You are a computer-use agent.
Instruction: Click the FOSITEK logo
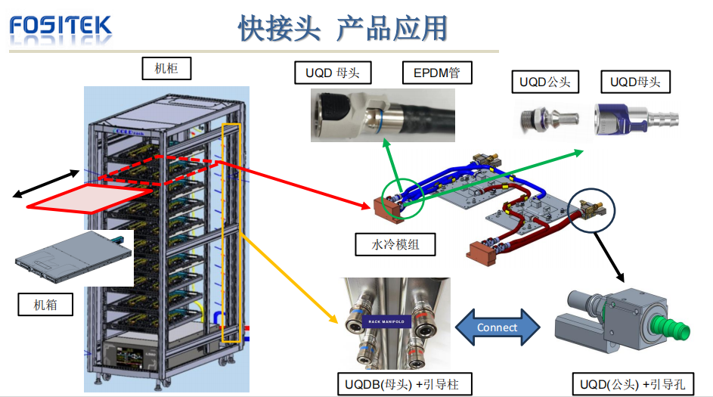pos(60,26)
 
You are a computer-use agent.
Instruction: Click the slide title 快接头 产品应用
pos(343,28)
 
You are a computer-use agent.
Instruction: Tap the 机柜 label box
pos(166,69)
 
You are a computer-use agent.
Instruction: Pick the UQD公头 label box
pos(544,82)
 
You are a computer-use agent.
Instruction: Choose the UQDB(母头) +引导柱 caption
pos(398,384)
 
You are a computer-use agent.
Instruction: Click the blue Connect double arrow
pos(498,327)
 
